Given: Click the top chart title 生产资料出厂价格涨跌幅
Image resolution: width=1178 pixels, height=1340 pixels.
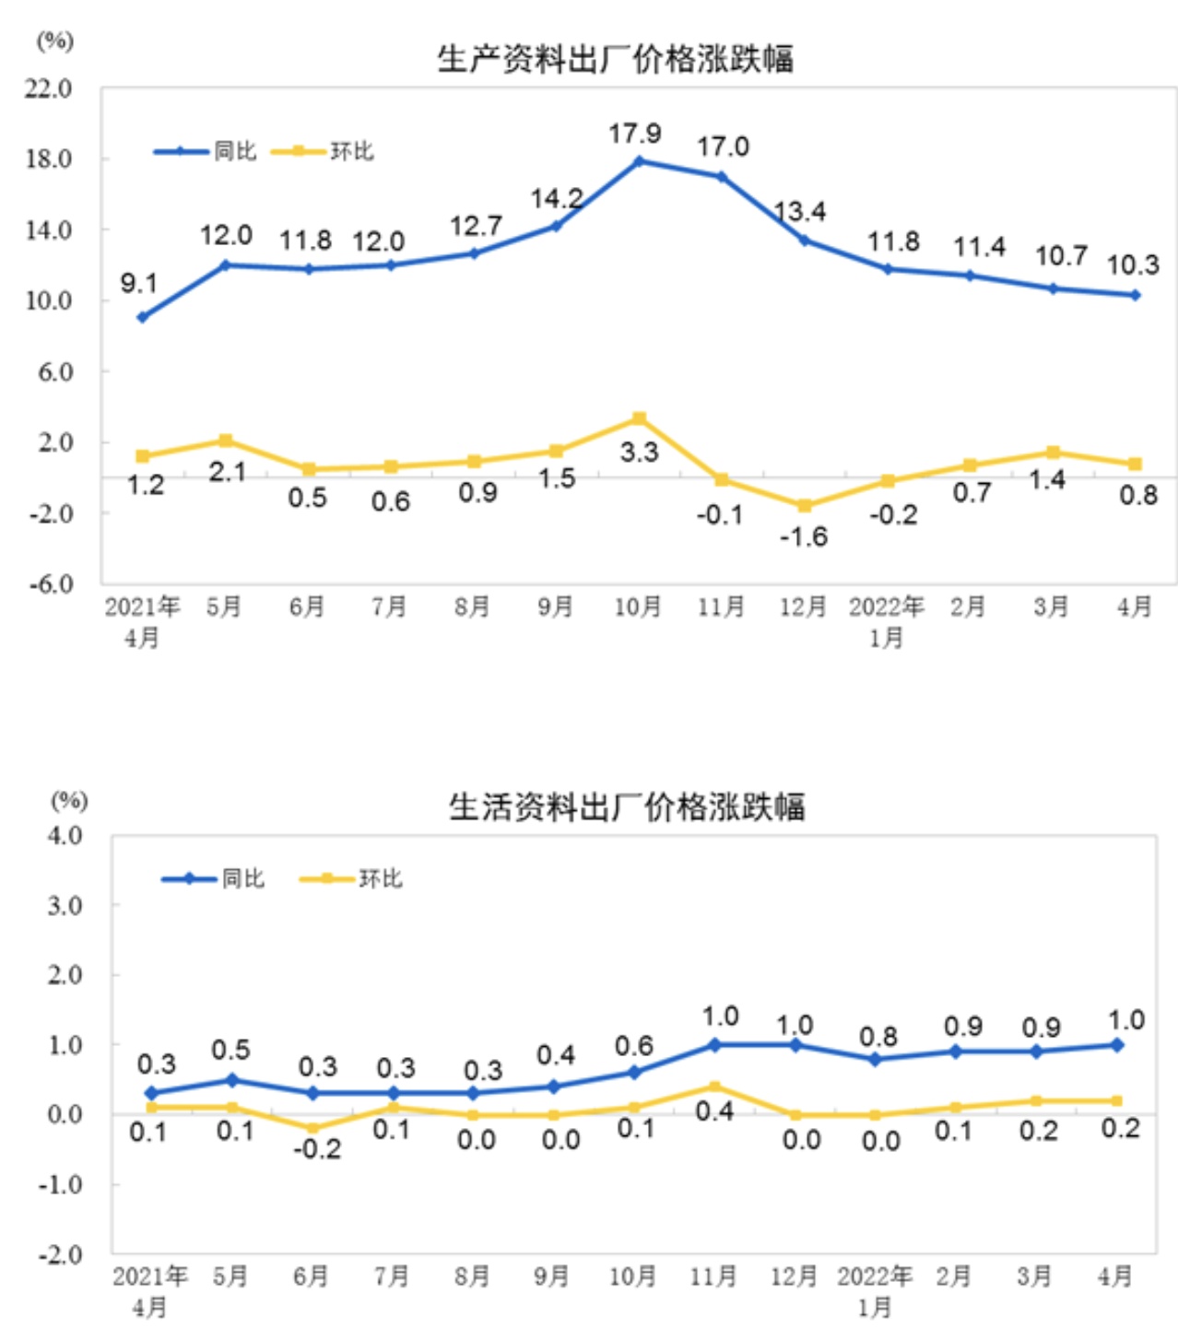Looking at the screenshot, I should (x=615, y=59).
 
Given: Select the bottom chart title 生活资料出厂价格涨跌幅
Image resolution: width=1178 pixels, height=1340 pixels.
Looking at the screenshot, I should (x=627, y=807).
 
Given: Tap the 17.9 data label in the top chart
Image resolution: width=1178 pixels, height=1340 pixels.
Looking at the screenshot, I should (x=635, y=134).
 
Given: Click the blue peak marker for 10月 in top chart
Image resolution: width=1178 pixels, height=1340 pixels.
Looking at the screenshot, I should (x=639, y=161).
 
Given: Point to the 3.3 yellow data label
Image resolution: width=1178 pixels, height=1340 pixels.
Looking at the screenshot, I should (x=639, y=453).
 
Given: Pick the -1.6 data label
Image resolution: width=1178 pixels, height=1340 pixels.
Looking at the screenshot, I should (x=804, y=536).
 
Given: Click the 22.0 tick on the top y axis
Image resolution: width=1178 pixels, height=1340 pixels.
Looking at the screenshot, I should (x=49, y=88).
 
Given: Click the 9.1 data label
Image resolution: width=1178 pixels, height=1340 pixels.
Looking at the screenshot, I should (x=138, y=283).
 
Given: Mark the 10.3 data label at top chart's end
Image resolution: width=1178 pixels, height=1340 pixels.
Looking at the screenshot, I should (x=1133, y=265).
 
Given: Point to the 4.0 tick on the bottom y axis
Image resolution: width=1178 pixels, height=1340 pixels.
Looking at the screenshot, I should (x=65, y=836).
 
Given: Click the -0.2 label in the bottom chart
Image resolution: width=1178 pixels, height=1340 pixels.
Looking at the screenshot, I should (x=317, y=1149).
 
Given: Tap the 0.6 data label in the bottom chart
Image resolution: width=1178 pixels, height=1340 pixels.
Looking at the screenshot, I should (x=634, y=1046).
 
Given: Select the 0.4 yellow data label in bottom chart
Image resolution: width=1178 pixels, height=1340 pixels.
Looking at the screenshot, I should (x=714, y=1111).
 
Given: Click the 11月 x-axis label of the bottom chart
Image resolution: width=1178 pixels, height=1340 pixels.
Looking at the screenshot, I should (x=713, y=1276).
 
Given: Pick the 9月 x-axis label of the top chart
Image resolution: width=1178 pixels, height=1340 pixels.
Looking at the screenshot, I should (x=555, y=606).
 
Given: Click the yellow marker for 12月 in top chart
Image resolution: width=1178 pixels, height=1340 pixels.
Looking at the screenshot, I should (x=804, y=506).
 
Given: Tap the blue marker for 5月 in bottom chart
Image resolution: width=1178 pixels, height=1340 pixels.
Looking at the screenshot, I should (x=231, y=1079).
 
